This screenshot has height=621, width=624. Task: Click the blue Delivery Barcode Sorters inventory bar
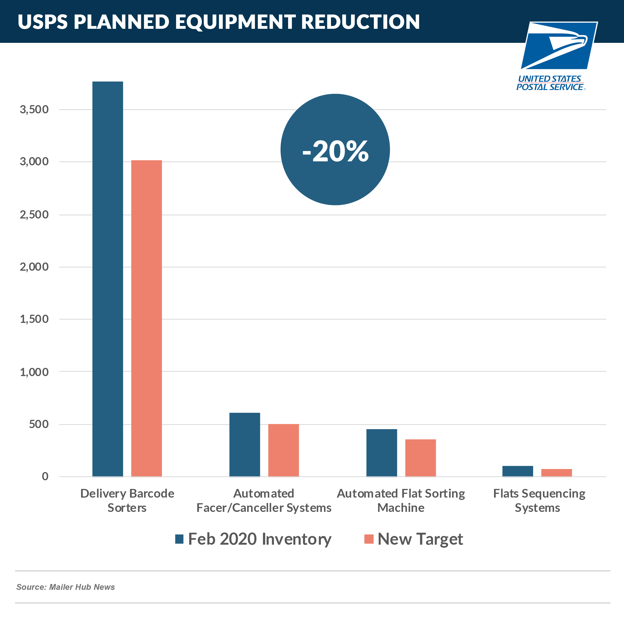click(108, 279)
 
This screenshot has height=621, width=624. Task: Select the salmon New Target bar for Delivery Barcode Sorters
click(146, 318)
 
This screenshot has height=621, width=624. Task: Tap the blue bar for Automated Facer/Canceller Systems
click(245, 444)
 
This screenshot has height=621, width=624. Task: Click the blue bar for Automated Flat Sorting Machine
click(381, 453)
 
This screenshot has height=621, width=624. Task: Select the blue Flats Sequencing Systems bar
click(517, 471)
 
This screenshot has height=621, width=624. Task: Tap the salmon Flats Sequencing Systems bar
click(556, 473)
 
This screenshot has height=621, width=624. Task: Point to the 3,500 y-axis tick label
click(34, 110)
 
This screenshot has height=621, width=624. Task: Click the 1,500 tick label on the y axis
click(34, 319)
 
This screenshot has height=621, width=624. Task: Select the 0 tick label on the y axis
click(45, 476)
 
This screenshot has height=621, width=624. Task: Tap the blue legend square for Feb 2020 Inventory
click(179, 539)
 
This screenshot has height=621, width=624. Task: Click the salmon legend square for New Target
click(368, 539)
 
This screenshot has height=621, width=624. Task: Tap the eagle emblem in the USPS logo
click(559, 45)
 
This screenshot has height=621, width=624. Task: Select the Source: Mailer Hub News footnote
click(66, 587)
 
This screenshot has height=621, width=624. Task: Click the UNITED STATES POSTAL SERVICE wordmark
click(550, 83)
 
